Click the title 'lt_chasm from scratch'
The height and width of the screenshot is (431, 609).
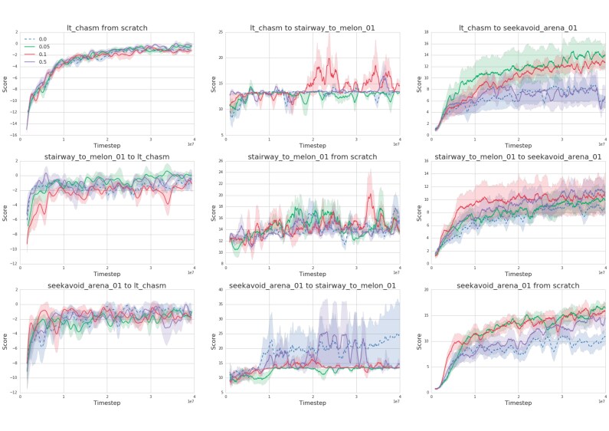tap(106, 28)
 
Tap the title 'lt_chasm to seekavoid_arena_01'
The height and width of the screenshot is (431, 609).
tap(518, 28)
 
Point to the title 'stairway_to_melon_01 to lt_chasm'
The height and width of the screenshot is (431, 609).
tap(106, 156)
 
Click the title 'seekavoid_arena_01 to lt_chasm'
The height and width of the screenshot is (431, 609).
tap(106, 285)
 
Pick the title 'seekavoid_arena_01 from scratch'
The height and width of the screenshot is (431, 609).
tap(518, 285)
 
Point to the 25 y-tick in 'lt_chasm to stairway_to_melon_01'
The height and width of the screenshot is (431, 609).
tap(220, 32)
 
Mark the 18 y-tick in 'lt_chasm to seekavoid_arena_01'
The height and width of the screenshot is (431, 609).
tap(425, 32)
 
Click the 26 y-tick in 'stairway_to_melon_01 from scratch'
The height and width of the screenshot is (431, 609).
tap(220, 161)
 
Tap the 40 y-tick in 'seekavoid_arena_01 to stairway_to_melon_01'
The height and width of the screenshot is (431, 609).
tap(220, 290)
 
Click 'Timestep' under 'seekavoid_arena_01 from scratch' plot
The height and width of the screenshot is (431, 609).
tap(518, 402)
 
